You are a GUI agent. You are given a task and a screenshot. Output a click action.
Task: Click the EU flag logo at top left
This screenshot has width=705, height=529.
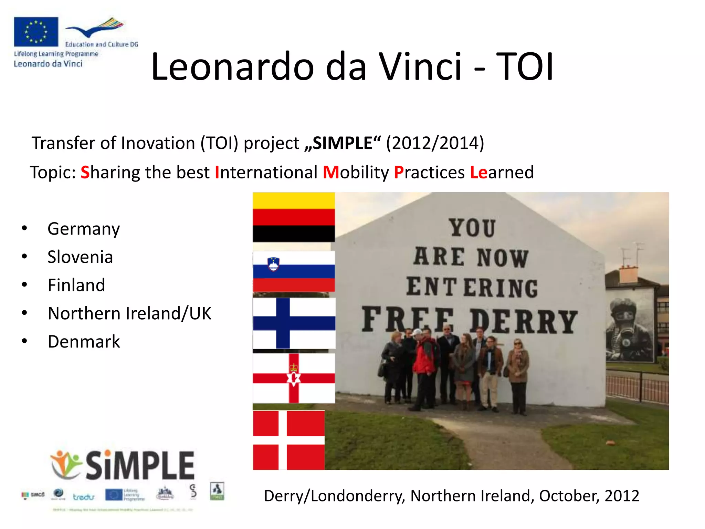coord(36,31)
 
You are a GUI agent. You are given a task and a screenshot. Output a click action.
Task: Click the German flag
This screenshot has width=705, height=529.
coord(294,217)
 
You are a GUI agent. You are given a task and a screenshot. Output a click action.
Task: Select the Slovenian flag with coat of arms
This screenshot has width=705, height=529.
coord(294,271)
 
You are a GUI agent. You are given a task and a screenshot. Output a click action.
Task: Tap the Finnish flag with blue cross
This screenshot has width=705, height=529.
coord(294,323)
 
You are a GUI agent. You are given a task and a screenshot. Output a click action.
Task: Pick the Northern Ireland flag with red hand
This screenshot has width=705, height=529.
coord(294,378)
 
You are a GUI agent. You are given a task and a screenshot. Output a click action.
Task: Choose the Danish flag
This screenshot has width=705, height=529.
coord(288,440)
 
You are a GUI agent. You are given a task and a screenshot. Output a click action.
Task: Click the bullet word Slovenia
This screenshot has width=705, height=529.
coord(80,257)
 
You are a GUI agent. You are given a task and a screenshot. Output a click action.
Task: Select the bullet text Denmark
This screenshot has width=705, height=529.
coord(84,342)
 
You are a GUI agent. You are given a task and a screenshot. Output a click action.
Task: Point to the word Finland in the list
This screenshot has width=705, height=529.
coord(76,285)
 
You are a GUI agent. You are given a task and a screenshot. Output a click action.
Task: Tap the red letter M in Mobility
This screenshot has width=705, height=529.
coord(331,172)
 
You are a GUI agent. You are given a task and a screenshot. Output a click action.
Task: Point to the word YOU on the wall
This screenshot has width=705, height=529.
coord(472,228)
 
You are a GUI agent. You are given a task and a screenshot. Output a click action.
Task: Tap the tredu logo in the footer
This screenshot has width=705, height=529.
coord(83,497)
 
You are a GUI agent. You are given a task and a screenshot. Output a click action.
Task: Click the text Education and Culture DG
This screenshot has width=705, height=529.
coord(102,44)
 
